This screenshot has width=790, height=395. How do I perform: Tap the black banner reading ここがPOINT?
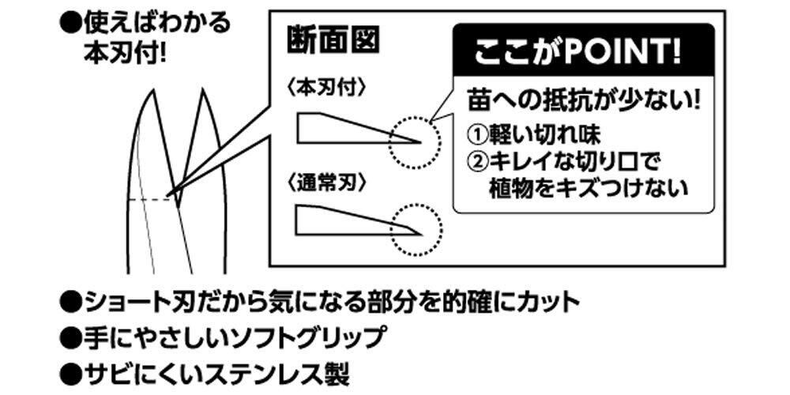click(x=583, y=55)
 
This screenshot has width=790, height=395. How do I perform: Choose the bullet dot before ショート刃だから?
click(x=72, y=301)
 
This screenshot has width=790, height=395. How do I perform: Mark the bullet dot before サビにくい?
click(x=72, y=371)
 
